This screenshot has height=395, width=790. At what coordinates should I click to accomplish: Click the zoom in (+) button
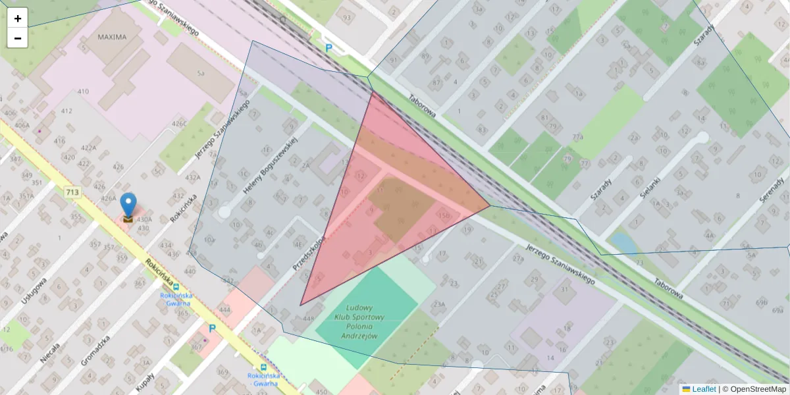18,18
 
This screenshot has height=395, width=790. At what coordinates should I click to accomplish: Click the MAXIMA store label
112,37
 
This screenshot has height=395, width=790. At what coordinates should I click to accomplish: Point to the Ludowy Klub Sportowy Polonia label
359,321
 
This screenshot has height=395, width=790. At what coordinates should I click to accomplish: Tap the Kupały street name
145,381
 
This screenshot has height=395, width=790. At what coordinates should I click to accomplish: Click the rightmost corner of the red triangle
490,205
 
